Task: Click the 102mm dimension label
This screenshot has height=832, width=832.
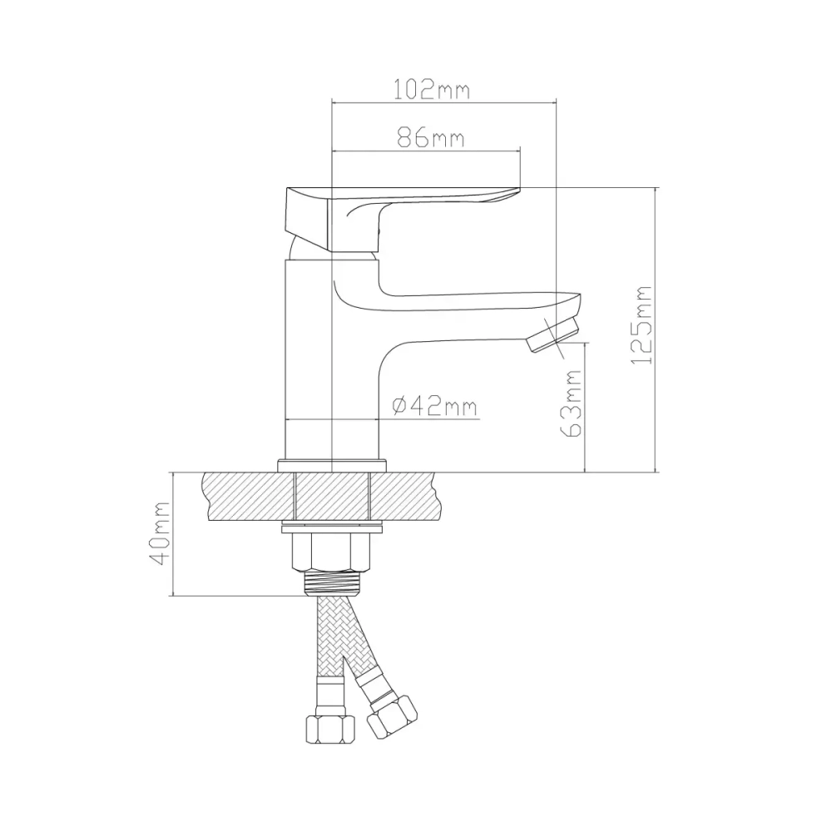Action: tap(432, 90)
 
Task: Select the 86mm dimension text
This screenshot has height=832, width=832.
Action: tap(431, 138)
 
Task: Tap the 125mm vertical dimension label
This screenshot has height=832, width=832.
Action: tap(641, 324)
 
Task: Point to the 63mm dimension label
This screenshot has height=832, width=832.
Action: tap(572, 404)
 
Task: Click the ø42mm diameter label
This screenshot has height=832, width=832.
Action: tap(434, 407)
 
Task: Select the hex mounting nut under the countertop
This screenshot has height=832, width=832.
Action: tap(330, 552)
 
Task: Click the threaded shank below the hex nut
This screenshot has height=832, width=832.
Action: tap(330, 582)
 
